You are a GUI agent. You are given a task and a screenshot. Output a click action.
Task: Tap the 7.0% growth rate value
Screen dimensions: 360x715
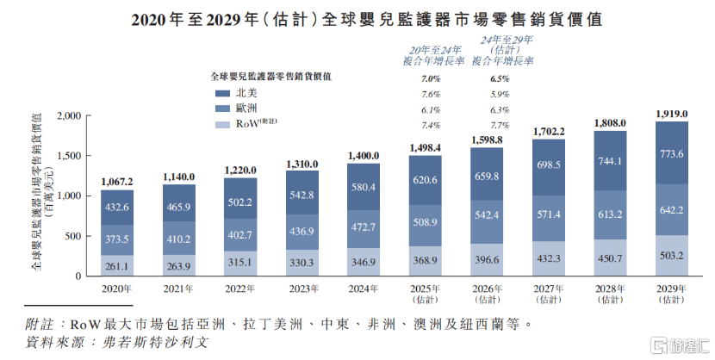[x=432, y=78]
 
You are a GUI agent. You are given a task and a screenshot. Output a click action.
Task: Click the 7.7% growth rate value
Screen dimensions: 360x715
[x=499, y=125]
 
